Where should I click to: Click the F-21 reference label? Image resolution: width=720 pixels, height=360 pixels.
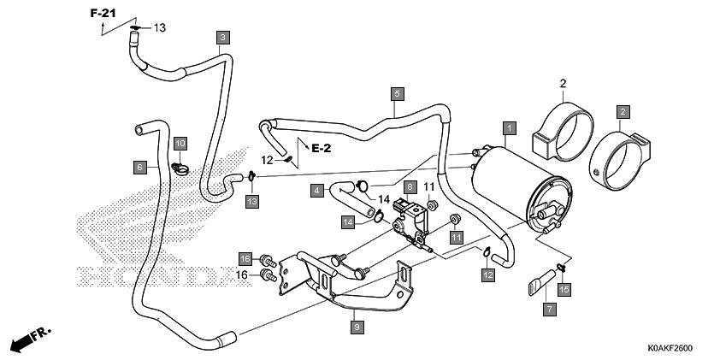click(103, 14)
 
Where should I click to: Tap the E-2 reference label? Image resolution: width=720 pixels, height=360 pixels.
click(321, 148)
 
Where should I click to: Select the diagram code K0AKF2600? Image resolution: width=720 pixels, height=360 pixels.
click(670, 349)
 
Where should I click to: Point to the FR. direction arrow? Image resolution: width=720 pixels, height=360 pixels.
click(30, 339)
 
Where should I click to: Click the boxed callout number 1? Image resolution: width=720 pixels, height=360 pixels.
click(510, 128)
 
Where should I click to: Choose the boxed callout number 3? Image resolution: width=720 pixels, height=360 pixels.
click(222, 38)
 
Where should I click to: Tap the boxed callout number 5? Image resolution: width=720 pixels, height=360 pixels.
click(397, 94)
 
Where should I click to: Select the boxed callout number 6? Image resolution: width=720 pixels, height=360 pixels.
click(140, 167)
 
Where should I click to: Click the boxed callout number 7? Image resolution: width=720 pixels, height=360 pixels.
click(550, 309)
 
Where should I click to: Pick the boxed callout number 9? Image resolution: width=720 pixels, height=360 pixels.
click(357, 328)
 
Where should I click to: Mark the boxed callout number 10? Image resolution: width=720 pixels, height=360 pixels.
click(180, 144)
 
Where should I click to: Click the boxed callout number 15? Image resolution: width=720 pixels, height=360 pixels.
click(564, 289)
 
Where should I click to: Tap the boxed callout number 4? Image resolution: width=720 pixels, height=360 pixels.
click(317, 190)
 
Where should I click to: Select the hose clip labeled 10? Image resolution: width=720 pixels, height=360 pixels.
click(180, 169)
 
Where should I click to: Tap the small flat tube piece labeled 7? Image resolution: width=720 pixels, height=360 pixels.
click(541, 282)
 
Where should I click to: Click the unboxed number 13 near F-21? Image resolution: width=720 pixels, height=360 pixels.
click(159, 28)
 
